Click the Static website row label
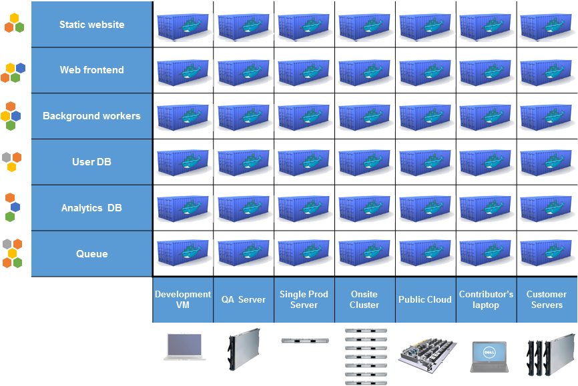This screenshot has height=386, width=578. (x=91, y=25)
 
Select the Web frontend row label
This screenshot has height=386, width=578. (x=91, y=70)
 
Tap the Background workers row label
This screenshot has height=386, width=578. (x=91, y=116)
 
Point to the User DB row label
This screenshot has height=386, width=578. (x=91, y=162)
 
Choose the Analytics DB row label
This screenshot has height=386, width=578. (x=91, y=208)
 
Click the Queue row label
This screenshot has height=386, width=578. (x=91, y=254)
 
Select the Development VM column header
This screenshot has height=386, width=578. (x=183, y=299)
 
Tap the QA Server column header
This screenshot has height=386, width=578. (x=243, y=299)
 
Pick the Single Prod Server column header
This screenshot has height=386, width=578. (x=304, y=299)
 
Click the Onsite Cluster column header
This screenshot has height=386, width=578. (x=364, y=299)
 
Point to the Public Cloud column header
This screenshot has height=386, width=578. (x=425, y=299)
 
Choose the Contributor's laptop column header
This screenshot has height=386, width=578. (x=486, y=299)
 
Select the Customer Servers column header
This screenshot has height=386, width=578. (x=547, y=299)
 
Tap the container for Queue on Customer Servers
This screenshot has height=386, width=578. (x=547, y=253)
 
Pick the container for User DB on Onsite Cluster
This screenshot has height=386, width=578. (x=364, y=162)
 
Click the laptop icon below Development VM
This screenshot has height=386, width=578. (x=184, y=347)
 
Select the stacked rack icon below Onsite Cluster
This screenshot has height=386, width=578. (x=365, y=356)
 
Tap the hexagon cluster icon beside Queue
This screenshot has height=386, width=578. (x=12, y=253)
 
